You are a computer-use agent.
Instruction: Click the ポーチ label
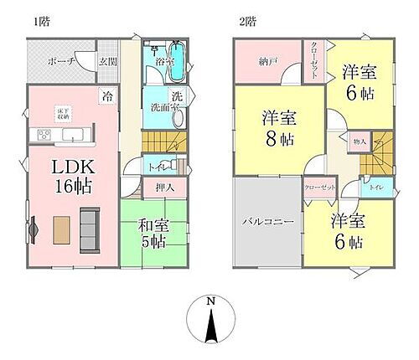pos(62,61)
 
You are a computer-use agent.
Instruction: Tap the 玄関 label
pos(107,60)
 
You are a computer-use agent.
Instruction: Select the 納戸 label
pos(269,60)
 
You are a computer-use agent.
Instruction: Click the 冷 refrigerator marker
pos(109,96)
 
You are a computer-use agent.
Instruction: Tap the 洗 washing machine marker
pos(177,95)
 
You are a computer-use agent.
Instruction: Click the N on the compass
pos(211,301)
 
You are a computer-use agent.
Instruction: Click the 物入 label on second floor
pos(358,143)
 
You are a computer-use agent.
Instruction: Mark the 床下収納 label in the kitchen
pos(64,114)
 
